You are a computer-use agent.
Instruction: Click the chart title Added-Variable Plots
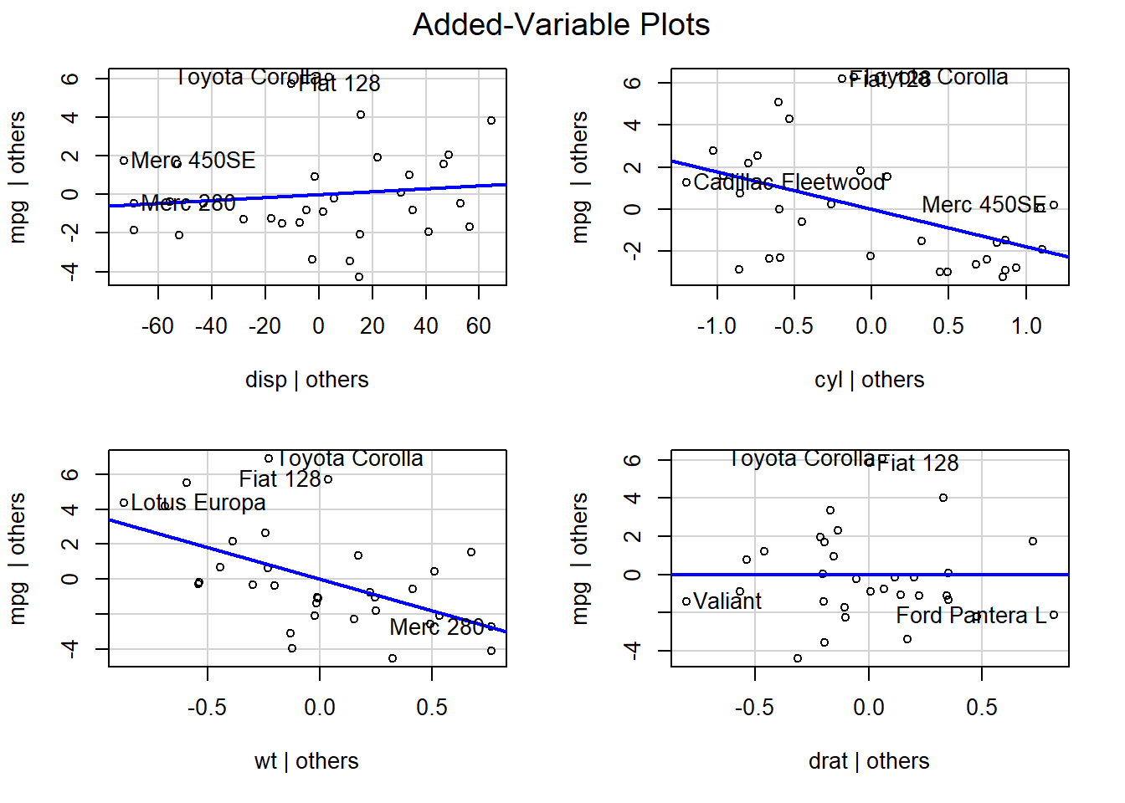point(561,25)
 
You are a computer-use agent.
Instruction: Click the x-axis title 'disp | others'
point(306,380)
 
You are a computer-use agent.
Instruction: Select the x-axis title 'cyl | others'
point(869,380)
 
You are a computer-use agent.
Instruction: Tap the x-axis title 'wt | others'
point(306,761)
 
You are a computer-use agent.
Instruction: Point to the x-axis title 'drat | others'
point(869,761)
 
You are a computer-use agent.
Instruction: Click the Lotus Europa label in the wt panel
point(198,503)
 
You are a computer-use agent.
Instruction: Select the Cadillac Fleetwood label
point(789,182)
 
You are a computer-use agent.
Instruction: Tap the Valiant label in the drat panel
point(727,601)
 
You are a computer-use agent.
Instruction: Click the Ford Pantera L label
point(971,616)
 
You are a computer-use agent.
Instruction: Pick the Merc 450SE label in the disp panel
point(193,161)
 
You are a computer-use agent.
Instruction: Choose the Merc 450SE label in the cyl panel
point(984,205)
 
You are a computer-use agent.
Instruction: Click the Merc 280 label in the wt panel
point(437,627)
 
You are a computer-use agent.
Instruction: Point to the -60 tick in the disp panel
point(157,326)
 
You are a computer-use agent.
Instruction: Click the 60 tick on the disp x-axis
point(479,326)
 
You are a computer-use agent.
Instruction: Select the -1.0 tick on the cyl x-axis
point(717,326)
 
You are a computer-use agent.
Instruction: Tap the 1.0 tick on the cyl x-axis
point(1026,326)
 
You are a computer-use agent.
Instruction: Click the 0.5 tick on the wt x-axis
point(432,708)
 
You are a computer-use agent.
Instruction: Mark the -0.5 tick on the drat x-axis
point(754,708)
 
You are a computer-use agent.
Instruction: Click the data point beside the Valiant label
point(686,601)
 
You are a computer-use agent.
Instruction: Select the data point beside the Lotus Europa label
point(124,503)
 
